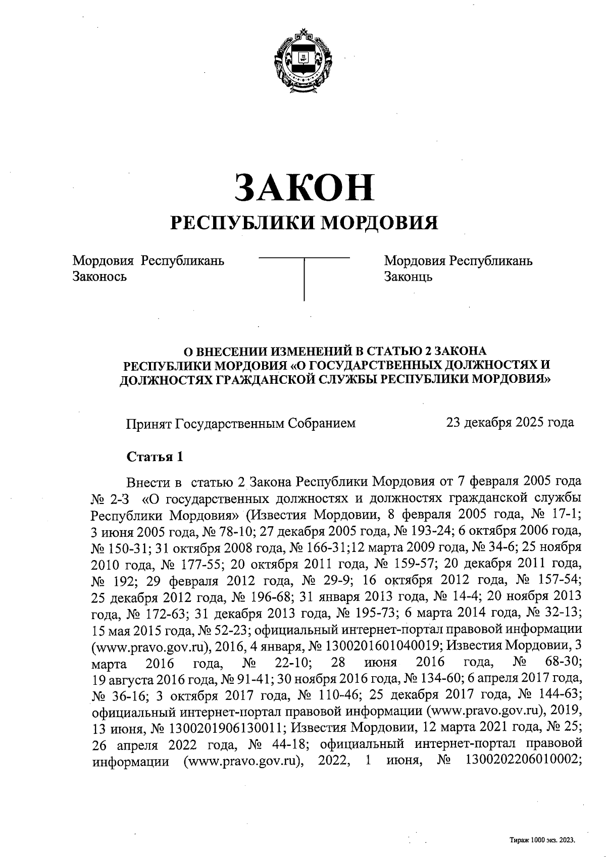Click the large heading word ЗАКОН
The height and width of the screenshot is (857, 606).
tap(303, 186)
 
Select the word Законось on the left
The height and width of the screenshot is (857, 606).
tap(99, 276)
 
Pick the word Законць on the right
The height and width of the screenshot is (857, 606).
tap(408, 276)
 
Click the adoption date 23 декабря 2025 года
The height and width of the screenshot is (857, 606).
tap(510, 422)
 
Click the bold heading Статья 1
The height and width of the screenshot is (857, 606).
tap(154, 457)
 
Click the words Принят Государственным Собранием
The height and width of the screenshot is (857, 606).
tap(240, 423)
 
